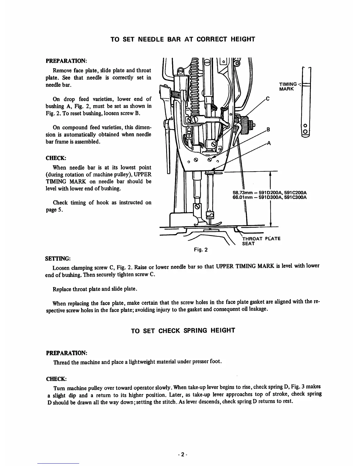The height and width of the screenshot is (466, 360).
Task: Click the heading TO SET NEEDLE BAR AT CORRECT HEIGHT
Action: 182,39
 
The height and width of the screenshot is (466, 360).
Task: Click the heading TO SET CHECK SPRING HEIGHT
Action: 183,330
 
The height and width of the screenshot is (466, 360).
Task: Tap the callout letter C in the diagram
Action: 268,99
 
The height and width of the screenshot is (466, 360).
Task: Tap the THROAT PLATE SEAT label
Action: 261,241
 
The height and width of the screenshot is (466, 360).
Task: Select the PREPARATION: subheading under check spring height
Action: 66,352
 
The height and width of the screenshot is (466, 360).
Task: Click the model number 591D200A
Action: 269,193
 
